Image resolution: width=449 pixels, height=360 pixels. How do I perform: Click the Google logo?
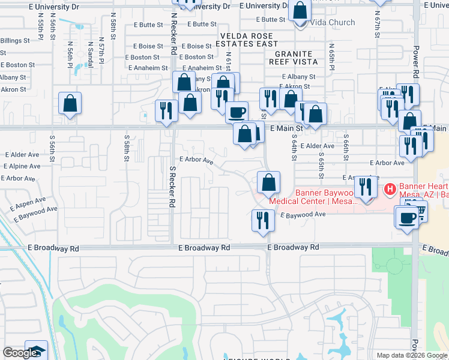click(x=20, y=353)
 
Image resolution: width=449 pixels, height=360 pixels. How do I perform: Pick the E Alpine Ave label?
click(x=23, y=166)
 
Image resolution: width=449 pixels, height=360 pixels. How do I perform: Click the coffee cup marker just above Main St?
click(x=237, y=112)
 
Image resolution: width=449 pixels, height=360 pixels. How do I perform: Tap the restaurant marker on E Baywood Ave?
click(x=262, y=220)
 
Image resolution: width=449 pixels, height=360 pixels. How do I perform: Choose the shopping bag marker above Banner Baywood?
click(x=268, y=181)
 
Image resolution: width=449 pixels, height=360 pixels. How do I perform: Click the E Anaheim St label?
click(x=202, y=68)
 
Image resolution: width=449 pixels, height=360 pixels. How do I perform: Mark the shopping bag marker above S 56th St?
click(x=70, y=103)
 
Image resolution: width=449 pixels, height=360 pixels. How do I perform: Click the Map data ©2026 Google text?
click(x=412, y=355)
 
